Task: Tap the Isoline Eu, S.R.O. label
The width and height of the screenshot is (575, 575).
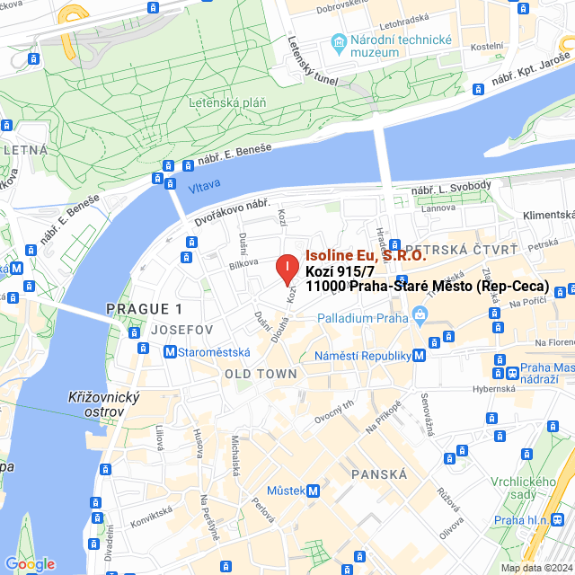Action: coord(366,255)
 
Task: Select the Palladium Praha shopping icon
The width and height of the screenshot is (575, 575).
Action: coord(419,316)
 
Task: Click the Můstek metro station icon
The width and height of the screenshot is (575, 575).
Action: coord(313,491)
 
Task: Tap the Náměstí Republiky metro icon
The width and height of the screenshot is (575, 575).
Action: coord(419,356)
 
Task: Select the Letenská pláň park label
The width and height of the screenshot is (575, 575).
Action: coord(227,103)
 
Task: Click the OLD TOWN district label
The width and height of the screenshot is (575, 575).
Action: coord(261,374)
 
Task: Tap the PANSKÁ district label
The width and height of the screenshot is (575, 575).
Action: coord(379,473)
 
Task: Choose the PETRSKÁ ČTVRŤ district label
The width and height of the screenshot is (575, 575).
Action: coord(462,249)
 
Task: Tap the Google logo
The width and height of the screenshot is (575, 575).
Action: coord(30,564)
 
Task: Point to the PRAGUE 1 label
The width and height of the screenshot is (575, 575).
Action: coord(144,308)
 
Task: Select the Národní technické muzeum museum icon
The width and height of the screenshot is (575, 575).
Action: coord(339,40)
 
